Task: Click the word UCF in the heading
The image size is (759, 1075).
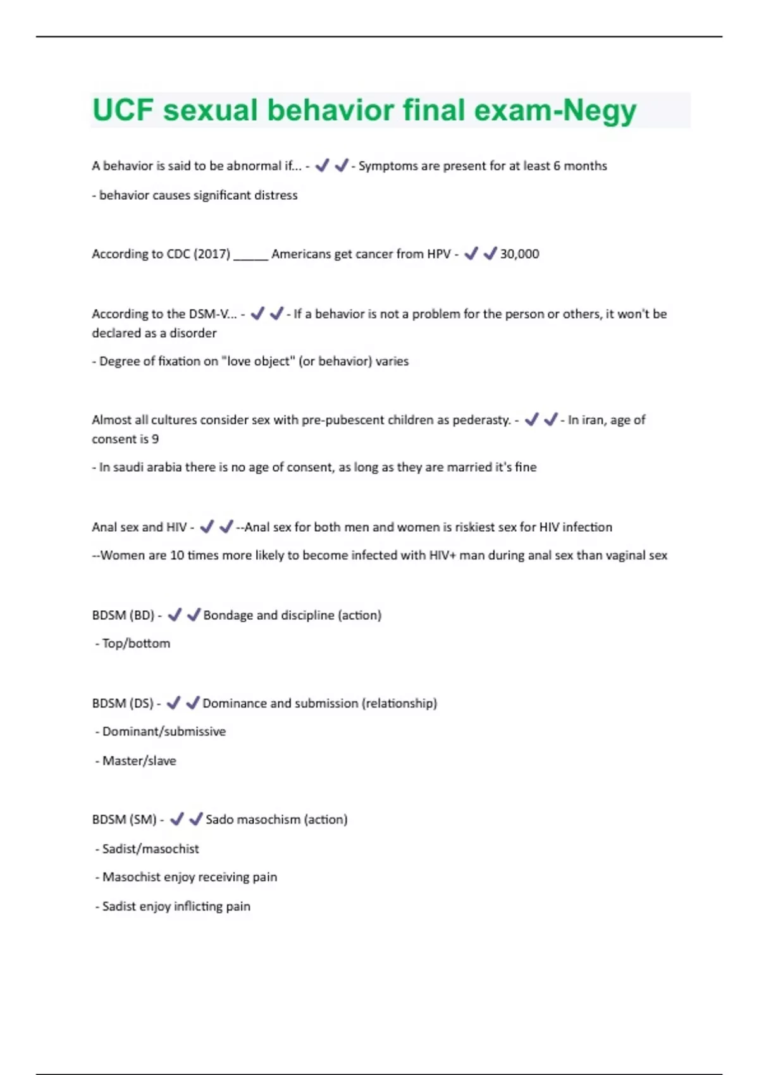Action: pos(123,110)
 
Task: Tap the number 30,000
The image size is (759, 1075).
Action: pos(519,254)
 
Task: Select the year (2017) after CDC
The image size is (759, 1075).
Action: pos(212,254)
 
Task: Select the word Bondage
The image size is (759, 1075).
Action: pos(228,615)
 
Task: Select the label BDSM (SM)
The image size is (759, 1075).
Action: pos(124,820)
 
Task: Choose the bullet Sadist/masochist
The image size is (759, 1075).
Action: pos(151,849)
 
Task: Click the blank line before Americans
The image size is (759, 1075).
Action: pos(250,256)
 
